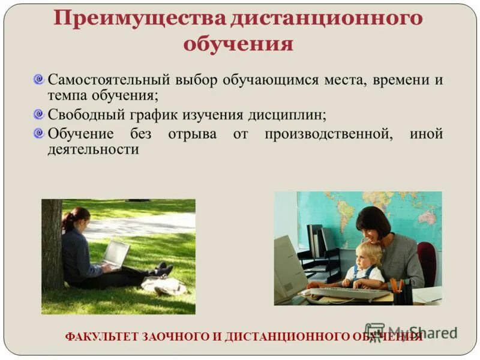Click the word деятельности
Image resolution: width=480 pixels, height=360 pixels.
(93, 149)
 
